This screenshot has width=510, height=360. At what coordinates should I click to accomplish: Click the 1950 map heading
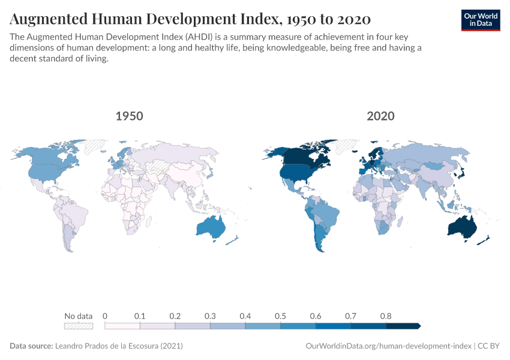pyautogui.click(x=129, y=116)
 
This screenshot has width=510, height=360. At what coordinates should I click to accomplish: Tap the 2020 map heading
pyautogui.click(x=380, y=116)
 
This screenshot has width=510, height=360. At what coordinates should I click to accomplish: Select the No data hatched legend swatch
pyautogui.click(x=79, y=326)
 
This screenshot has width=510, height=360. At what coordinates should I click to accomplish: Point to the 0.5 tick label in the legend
pyautogui.click(x=280, y=316)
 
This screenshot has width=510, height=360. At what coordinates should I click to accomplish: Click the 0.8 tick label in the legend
pyautogui.click(x=386, y=316)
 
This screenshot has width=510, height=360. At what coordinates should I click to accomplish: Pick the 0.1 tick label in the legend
pyautogui.click(x=140, y=316)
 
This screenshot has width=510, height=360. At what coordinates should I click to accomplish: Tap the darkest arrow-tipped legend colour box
pyautogui.click(x=403, y=326)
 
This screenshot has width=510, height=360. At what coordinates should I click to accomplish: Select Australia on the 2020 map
pyautogui.click(x=463, y=227)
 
